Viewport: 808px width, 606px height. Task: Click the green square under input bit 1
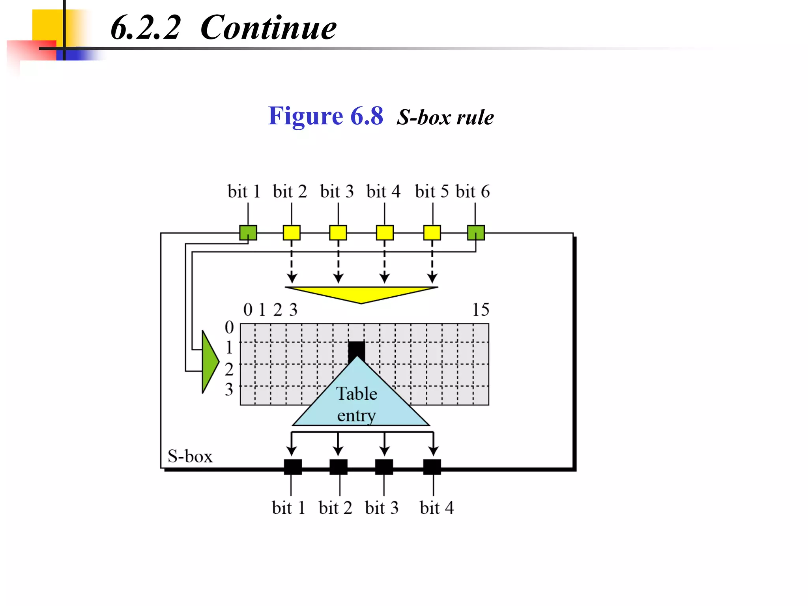(248, 232)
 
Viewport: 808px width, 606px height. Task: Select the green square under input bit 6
(476, 232)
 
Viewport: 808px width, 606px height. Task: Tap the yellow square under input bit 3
(338, 232)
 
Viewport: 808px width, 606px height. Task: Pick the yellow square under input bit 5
(432, 232)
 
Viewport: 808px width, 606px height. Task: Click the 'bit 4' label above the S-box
(383, 192)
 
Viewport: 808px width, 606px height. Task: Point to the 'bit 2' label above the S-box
(290, 192)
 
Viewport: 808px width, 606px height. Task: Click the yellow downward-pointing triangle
(361, 294)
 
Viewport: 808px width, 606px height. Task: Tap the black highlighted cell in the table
(356, 349)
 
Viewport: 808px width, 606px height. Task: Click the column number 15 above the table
(481, 310)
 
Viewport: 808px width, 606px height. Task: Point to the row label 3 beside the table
(229, 389)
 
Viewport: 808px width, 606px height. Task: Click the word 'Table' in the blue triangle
(357, 394)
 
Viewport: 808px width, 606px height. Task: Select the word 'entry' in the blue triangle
(357, 415)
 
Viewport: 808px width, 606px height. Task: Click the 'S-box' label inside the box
(190, 456)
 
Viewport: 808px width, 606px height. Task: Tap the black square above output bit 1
(293, 467)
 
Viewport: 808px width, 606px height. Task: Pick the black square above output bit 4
(432, 467)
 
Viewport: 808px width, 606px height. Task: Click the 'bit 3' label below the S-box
(382, 508)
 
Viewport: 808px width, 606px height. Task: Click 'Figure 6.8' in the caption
(325, 116)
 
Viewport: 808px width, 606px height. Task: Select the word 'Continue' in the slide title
(268, 28)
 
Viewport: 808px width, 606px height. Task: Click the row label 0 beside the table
(229, 327)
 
